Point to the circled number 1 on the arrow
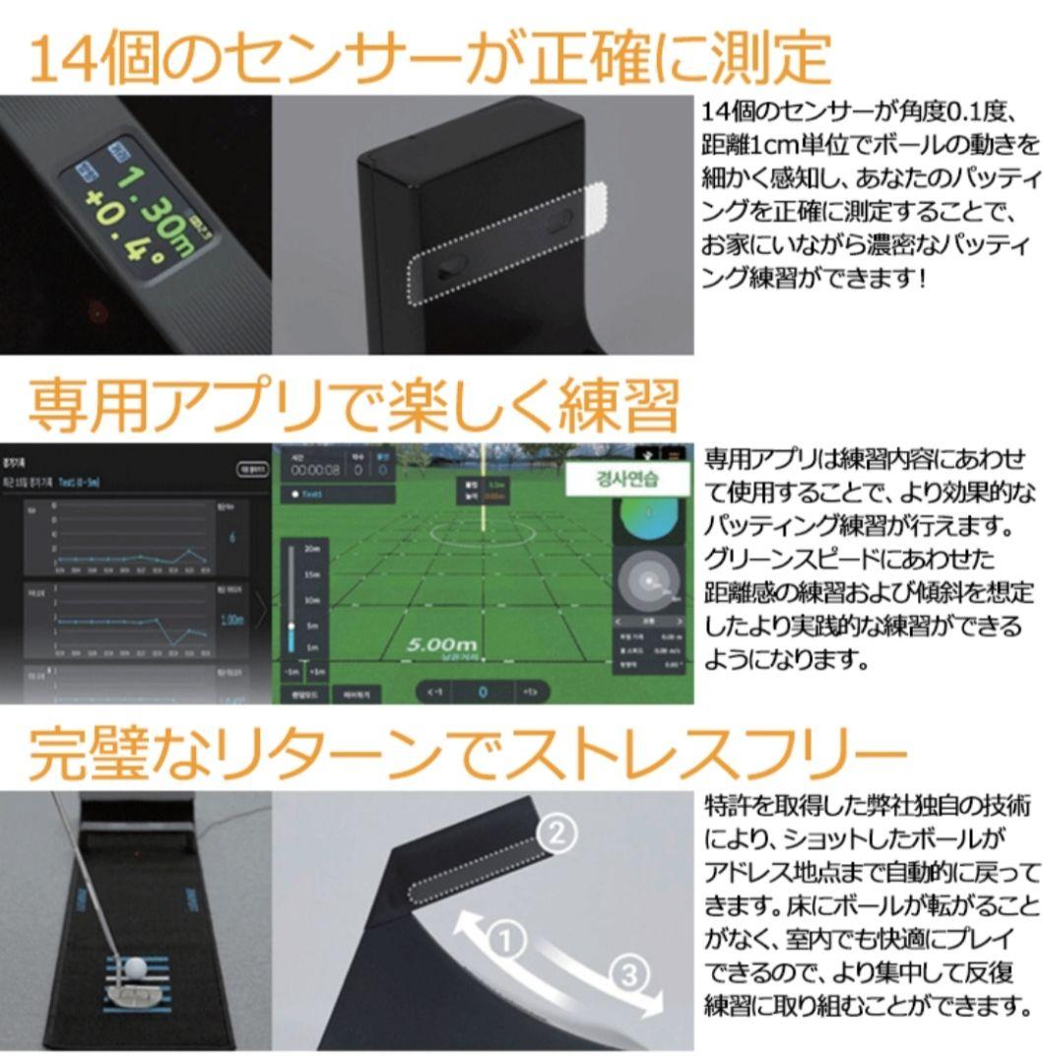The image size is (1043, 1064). (x=506, y=941)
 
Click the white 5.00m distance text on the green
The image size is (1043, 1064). (x=445, y=644)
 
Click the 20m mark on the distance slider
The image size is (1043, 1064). (x=312, y=549)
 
